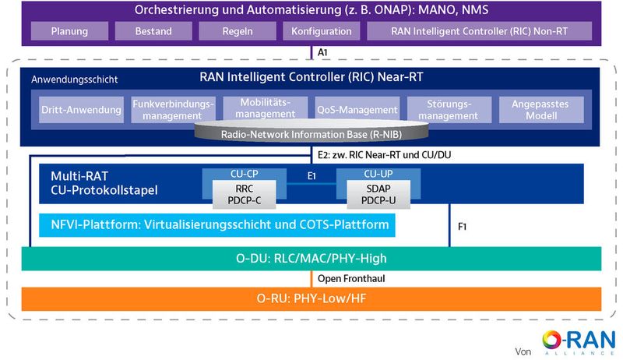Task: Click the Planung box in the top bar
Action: (69, 32)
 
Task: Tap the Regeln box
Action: (238, 32)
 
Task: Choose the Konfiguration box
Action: (322, 32)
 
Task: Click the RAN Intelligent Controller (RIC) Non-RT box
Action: (479, 32)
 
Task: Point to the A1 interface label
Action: (322, 51)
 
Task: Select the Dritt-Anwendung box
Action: (81, 110)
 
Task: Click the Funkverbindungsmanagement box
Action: (172, 110)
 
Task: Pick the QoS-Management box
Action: (357, 110)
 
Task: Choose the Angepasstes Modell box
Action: (547, 110)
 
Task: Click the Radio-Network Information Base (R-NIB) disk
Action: (311, 134)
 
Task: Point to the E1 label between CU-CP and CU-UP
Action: (311, 177)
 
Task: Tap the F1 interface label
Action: (462, 227)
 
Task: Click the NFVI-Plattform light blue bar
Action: (214, 226)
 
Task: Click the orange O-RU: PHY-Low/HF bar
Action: (311, 299)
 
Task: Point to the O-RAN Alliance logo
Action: (576, 341)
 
